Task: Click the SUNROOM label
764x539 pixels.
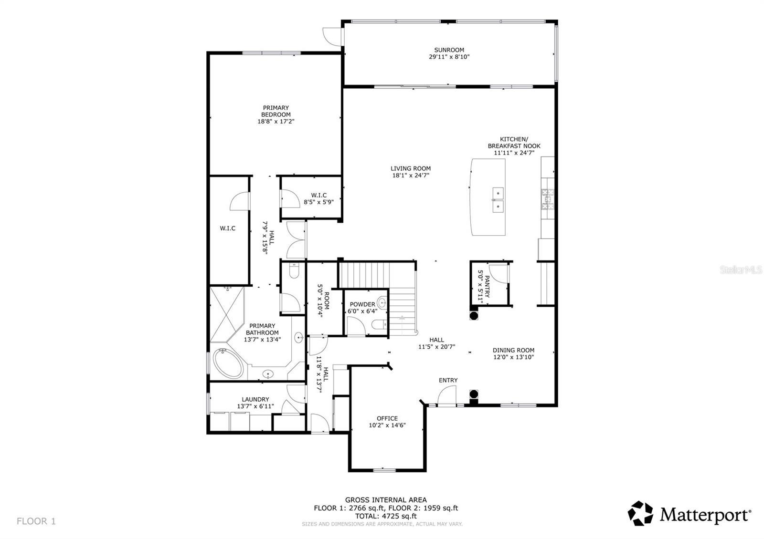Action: (449, 50)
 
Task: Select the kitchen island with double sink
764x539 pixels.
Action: (488, 197)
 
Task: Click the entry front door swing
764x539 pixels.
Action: (447, 395)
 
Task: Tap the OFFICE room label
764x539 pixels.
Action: (387, 418)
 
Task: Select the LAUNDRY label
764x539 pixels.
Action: (255, 399)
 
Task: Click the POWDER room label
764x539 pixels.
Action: (362, 304)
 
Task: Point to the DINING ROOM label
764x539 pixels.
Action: (513, 350)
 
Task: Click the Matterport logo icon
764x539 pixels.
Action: (640, 513)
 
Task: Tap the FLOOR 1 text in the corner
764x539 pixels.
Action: (36, 521)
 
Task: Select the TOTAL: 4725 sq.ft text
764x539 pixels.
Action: (386, 516)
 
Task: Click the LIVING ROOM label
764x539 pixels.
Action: (411, 168)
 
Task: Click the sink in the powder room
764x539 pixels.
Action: (382, 302)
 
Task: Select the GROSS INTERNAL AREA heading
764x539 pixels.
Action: (386, 500)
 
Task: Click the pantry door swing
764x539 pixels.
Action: (499, 272)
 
